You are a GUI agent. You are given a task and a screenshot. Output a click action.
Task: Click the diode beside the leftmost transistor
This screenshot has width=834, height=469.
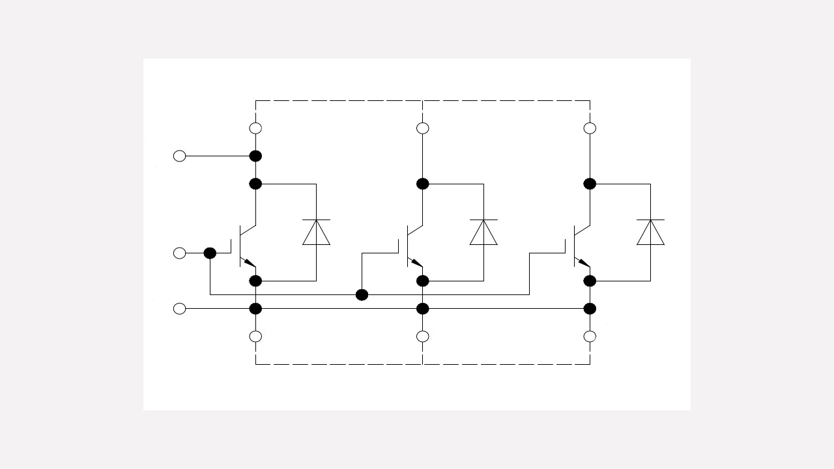(x=316, y=233)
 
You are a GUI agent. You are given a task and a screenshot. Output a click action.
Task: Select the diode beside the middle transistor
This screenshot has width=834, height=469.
(x=483, y=233)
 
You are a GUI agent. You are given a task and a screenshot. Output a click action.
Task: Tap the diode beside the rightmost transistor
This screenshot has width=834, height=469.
(x=650, y=233)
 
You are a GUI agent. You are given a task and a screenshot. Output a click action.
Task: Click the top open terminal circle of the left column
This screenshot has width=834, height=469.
(x=255, y=128)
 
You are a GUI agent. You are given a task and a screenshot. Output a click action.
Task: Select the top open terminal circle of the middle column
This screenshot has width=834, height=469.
(x=423, y=128)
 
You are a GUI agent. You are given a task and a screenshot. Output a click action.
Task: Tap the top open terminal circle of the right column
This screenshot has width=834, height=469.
(x=590, y=128)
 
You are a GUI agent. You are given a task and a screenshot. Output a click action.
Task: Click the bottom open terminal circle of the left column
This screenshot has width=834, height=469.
(x=255, y=336)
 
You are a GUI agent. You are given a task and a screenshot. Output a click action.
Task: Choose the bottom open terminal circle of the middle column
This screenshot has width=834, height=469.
(x=423, y=336)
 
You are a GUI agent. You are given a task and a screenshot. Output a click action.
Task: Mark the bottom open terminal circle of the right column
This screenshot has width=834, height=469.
(x=590, y=336)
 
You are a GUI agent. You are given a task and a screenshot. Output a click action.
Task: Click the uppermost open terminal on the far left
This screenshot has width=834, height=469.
(x=180, y=156)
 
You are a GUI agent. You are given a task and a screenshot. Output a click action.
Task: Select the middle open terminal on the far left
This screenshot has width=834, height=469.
(x=180, y=253)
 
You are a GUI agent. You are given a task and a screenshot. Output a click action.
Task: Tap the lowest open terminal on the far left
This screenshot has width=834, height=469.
(x=180, y=309)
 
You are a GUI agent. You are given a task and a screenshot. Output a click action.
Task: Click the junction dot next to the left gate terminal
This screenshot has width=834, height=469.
(x=210, y=253)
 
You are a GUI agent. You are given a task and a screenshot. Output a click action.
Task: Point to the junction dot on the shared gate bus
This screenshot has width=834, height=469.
(x=362, y=295)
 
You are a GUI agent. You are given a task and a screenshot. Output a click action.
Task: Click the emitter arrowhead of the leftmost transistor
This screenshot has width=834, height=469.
(x=250, y=263)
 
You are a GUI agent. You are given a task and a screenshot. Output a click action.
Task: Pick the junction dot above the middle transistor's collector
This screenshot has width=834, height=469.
(x=423, y=184)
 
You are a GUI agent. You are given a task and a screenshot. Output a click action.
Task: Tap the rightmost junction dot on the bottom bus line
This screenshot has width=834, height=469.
(x=590, y=309)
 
